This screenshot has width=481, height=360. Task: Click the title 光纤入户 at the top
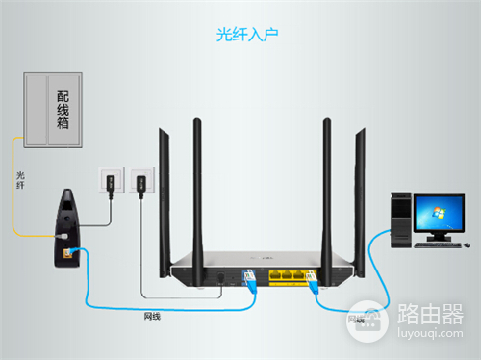pyautogui.click(x=240, y=35)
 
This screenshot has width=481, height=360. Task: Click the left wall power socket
pyautogui.click(x=109, y=180)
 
